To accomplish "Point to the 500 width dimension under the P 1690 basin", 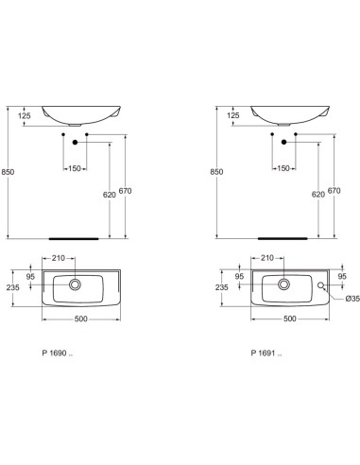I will coord(81,318).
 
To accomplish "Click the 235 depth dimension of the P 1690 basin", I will coord(12,288).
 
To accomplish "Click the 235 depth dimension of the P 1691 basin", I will coord(221,288).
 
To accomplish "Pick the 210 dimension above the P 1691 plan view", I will coord(266,257).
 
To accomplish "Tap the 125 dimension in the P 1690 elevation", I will coord(25,115).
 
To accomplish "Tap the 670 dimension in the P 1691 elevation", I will coord(332,192).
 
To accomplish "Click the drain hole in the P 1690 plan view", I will coord(74,283).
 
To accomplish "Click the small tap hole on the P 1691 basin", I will coord(323,285).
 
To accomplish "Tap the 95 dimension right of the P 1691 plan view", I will coord(341,277).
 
